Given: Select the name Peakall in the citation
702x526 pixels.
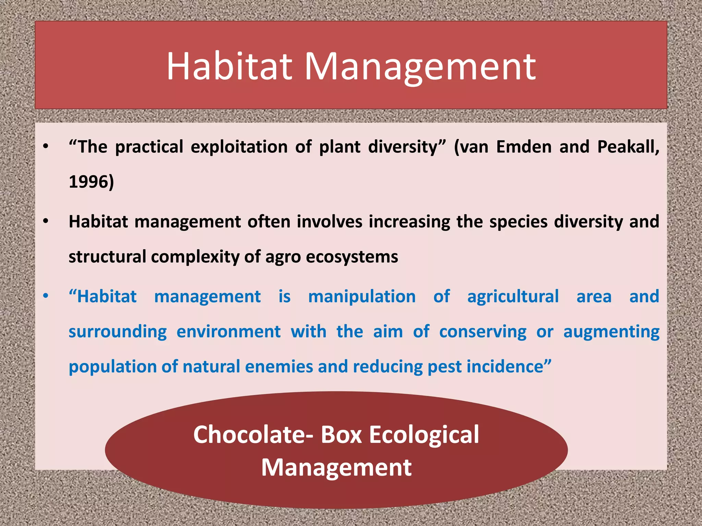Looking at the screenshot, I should click(x=627, y=147).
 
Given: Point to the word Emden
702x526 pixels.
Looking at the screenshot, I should click(x=524, y=147).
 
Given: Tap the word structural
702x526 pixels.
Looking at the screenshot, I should click(x=107, y=256).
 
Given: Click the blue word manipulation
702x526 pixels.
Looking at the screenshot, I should click(x=362, y=297).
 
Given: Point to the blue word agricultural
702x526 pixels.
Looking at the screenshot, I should click(x=513, y=297).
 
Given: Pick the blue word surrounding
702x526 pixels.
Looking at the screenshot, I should click(x=118, y=332).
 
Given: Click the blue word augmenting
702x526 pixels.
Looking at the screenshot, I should click(x=611, y=332).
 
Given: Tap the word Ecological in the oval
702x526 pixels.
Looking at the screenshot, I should click(x=424, y=435).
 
